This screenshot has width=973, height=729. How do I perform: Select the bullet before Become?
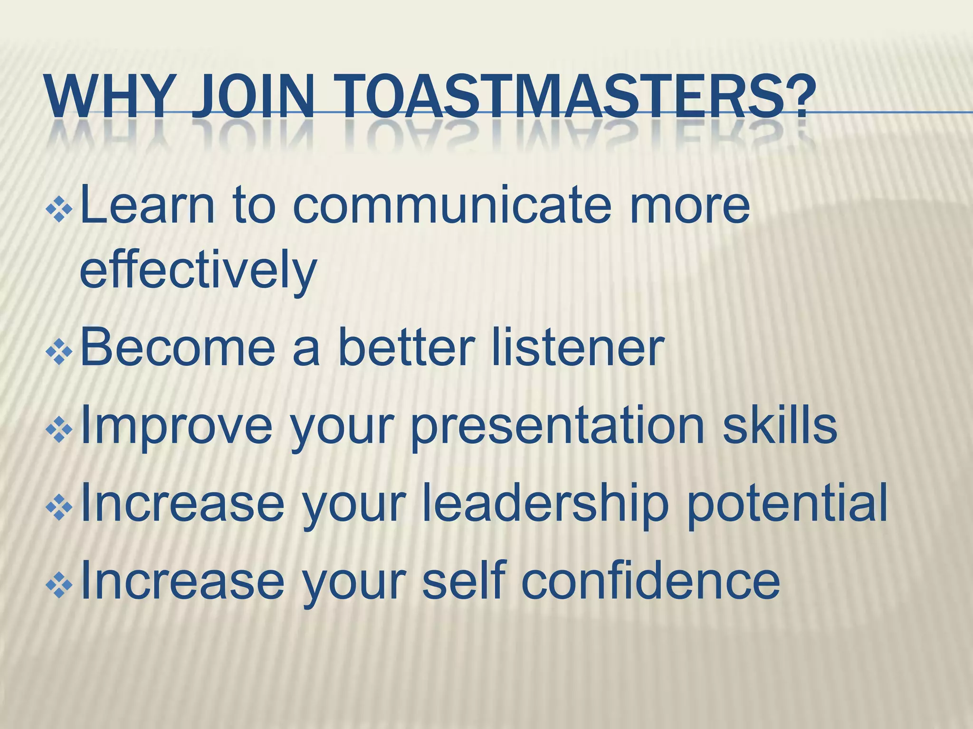pyautogui.click(x=59, y=351)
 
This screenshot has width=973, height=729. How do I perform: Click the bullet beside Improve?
pyautogui.click(x=59, y=429)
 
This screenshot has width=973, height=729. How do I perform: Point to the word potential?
pyautogui.click(x=787, y=503)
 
